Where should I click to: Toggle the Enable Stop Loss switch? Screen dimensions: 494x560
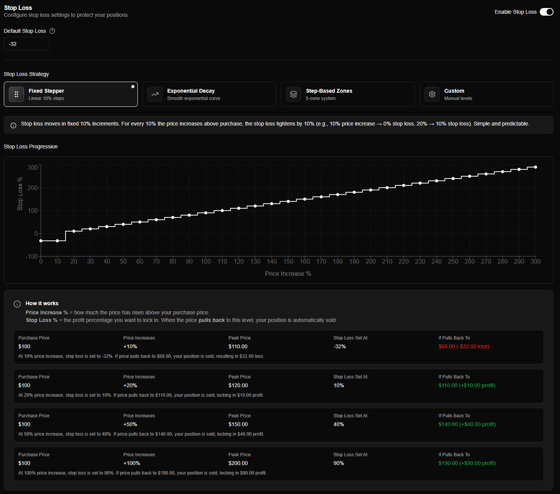click(546, 12)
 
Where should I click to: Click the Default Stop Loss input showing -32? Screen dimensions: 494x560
click(26, 44)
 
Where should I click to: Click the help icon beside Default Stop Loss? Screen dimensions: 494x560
click(52, 31)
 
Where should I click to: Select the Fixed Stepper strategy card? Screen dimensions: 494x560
click(71, 94)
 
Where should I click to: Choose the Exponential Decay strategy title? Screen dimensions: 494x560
click(190, 91)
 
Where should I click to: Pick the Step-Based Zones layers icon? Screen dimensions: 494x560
click(293, 94)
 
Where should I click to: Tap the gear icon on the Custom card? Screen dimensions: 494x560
click(432, 94)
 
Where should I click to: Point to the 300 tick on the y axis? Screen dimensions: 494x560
click(33, 167)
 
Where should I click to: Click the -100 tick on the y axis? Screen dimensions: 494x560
click(32, 256)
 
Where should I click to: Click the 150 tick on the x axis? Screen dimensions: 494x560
click(288, 261)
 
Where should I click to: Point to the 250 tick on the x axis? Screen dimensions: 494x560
click(453, 261)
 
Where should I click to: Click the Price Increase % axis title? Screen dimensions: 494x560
click(288, 274)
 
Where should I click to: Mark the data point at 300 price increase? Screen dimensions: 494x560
click(535, 167)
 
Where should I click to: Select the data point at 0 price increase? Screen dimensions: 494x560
click(41, 241)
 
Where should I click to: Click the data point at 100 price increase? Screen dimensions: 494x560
click(206, 213)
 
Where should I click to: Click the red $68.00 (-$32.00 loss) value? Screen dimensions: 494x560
click(463, 346)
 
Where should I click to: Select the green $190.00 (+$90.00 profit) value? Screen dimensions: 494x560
click(467, 463)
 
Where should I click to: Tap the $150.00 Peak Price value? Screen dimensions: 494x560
click(238, 424)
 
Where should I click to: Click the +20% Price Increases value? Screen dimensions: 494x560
click(130, 385)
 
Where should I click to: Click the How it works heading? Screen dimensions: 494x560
click(42, 303)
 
